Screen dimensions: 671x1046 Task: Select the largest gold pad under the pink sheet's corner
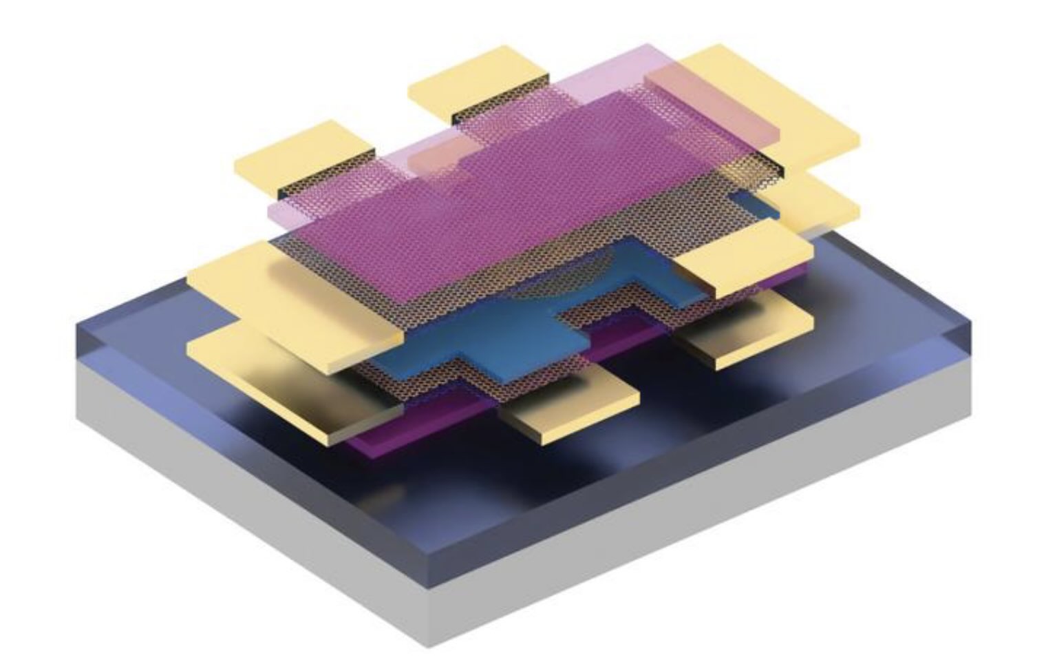pyautogui.click(x=778, y=110)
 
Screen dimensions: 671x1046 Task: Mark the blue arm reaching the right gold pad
pyautogui.click(x=661, y=269)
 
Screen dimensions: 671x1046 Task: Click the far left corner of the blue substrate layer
pyautogui.click(x=77, y=327)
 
